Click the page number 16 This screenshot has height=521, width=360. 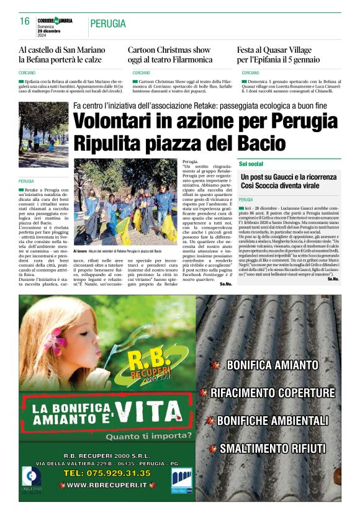pos(25,22)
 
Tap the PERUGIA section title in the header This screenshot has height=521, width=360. pos(108,24)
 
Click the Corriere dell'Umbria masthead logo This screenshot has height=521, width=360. pos(56,21)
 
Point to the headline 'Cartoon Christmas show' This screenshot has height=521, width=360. pos(169,50)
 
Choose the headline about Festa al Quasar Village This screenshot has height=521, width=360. pos(278,55)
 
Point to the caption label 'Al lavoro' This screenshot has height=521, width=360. pos(81,251)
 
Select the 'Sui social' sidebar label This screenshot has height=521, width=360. pos(251,164)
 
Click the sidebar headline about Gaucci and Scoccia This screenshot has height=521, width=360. pos(288,182)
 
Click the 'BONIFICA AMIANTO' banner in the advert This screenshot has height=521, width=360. pos(264,365)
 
